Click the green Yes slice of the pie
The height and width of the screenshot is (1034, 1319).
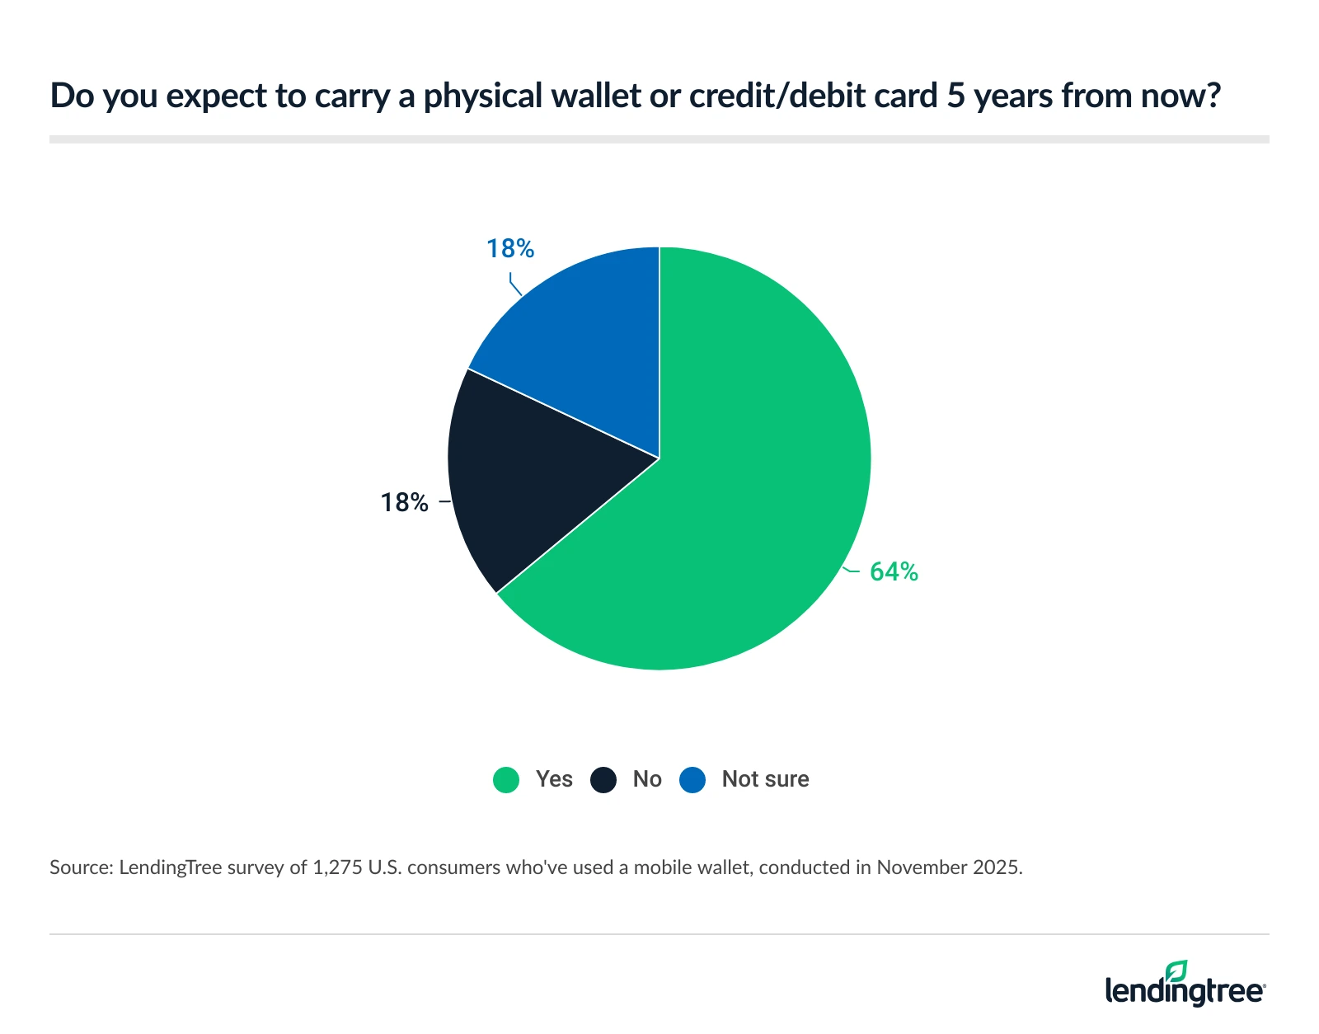point(742,495)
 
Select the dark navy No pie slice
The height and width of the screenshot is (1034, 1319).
point(528,478)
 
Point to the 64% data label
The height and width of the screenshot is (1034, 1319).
point(894,571)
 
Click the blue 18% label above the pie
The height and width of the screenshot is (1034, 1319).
point(510,248)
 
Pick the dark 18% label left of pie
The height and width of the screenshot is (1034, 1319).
point(404,502)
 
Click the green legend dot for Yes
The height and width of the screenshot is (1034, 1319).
point(506,779)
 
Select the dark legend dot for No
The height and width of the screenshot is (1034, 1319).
point(603,779)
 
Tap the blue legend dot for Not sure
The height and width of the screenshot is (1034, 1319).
point(692,779)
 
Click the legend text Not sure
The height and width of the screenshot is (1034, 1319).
point(765,779)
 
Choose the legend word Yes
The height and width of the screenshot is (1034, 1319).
point(554,779)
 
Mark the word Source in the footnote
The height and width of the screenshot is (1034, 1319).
point(79,867)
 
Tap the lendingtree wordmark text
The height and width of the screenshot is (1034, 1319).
point(1184,990)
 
